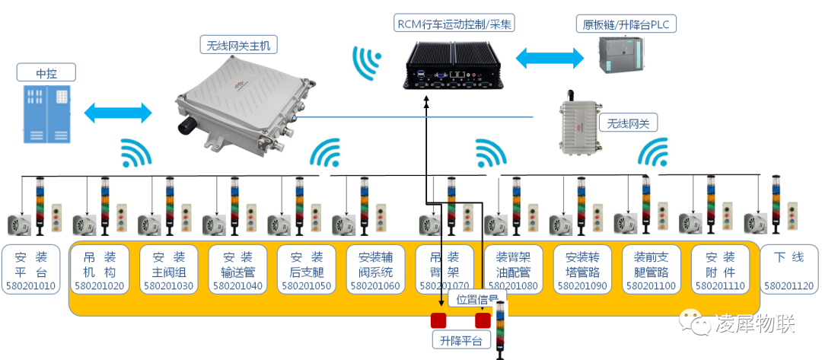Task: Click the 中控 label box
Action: [x=46, y=73]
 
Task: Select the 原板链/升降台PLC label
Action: [x=625, y=24]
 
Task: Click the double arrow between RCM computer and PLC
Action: [x=550, y=57]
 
